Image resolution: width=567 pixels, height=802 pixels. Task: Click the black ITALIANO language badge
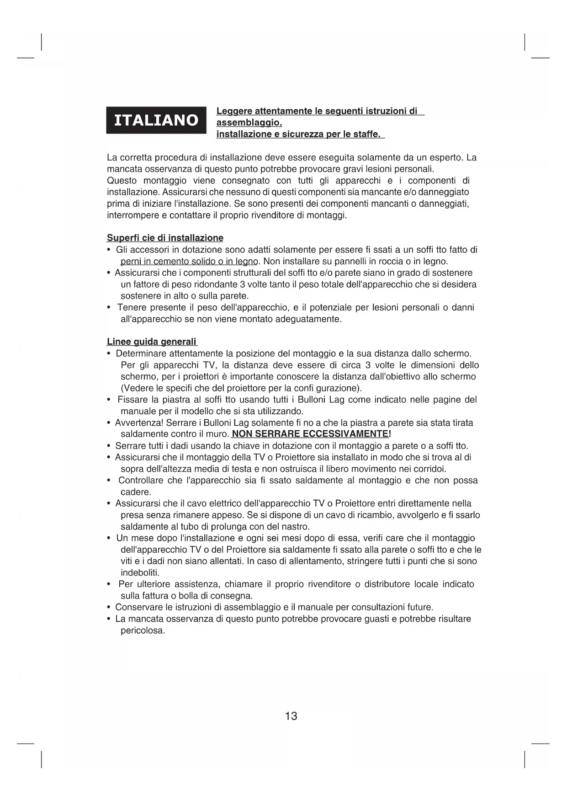coord(156,120)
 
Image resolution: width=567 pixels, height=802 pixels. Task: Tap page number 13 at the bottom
coord(291,716)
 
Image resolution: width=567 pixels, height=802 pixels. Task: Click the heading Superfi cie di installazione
coord(165,238)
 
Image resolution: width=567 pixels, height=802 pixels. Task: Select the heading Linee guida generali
coord(152,342)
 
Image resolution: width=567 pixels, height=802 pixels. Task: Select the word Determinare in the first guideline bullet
coord(141,353)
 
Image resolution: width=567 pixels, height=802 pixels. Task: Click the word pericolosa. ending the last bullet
coord(143,631)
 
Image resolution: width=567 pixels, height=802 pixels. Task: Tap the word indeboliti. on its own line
coord(140,573)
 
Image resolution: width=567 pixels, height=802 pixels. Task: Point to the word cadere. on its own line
coord(135,492)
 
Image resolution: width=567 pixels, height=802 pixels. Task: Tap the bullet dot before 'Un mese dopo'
coord(109,539)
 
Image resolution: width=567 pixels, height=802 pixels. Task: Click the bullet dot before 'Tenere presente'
coord(109,308)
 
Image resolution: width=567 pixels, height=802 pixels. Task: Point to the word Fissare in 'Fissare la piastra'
coord(132,400)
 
